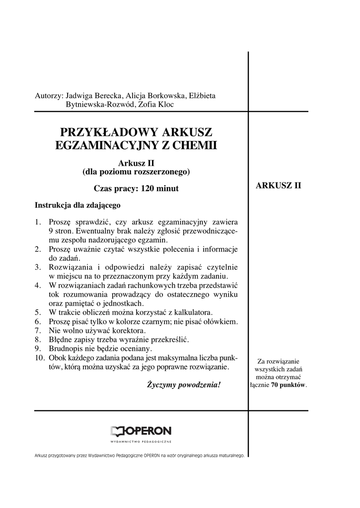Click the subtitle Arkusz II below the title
coord(137,163)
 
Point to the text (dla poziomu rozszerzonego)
coord(137,172)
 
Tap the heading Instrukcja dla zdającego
coord(77,205)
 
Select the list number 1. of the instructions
coord(38,222)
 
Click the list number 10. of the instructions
coord(40,358)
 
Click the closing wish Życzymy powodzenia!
coord(184,384)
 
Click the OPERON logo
coord(141,431)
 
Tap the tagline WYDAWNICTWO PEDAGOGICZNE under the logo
coord(141,442)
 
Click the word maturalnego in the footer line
coord(227,455)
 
